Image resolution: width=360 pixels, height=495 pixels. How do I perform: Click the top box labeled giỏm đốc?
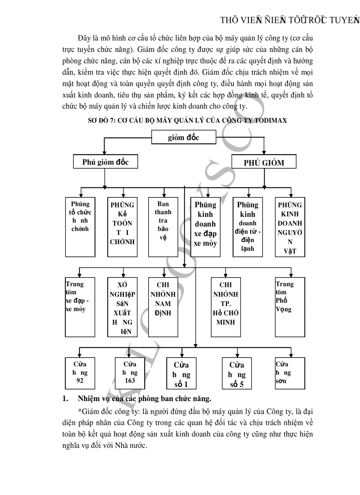pos(184,138)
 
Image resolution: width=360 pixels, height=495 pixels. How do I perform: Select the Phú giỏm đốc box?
pos(105,162)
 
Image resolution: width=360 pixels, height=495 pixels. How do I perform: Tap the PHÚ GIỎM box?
pos(264,162)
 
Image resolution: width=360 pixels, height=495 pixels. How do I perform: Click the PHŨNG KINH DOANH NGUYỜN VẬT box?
pos(290,227)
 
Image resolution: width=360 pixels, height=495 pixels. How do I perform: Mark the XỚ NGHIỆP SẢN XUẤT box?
pos(122,306)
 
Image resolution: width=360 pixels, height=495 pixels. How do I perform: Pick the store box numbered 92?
pos(80,372)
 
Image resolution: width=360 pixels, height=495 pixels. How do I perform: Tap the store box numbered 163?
pos(130,372)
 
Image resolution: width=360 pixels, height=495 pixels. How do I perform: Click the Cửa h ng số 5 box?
pos(237,374)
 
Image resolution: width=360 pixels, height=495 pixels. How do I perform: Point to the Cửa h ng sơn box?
pos(290,372)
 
